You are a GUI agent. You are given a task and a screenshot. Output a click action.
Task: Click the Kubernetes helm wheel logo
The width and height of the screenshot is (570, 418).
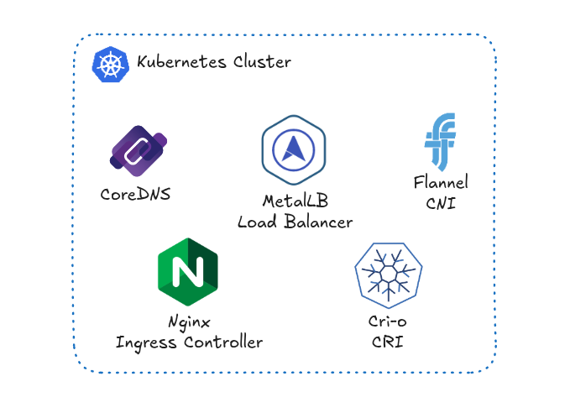[x=111, y=65]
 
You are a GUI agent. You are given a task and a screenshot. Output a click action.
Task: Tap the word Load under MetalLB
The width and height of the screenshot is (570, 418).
[x=256, y=222]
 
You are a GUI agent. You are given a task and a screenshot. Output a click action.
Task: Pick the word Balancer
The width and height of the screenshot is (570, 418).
[x=316, y=222]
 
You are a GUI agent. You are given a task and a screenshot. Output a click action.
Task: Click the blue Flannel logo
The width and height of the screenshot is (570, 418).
[x=440, y=141]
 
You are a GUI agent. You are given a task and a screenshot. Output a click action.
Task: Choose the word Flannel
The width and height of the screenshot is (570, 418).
[x=440, y=182]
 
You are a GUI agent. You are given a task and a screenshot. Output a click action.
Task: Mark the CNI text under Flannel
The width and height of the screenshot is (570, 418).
[x=440, y=202]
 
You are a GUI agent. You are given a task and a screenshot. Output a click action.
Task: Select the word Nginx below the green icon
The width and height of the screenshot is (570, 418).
[x=188, y=321]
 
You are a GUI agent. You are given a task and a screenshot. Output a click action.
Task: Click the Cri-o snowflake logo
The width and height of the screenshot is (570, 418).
[x=389, y=273]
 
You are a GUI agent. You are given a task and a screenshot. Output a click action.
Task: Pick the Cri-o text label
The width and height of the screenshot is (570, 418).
[x=388, y=322]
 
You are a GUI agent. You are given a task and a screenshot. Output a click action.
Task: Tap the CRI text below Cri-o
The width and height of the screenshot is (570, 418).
[x=388, y=342]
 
